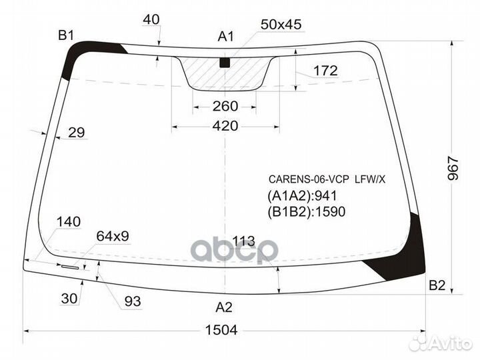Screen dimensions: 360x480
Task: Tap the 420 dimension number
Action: click(225, 125)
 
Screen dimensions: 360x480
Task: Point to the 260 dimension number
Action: click(225, 106)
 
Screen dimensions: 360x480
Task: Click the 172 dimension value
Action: click(325, 71)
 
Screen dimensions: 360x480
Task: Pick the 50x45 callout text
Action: click(281, 25)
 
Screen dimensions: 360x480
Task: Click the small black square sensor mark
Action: click(225, 63)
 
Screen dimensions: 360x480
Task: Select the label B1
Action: click(65, 35)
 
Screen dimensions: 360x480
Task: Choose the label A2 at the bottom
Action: click(224, 307)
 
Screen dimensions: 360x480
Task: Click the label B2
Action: click(436, 285)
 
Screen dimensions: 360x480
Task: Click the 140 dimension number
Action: click(69, 222)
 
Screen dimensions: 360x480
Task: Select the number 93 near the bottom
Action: click(133, 301)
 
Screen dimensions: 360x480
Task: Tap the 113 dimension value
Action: click(245, 241)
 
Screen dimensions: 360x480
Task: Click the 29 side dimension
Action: click(77, 133)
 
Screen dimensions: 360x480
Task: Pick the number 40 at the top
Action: click(151, 20)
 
